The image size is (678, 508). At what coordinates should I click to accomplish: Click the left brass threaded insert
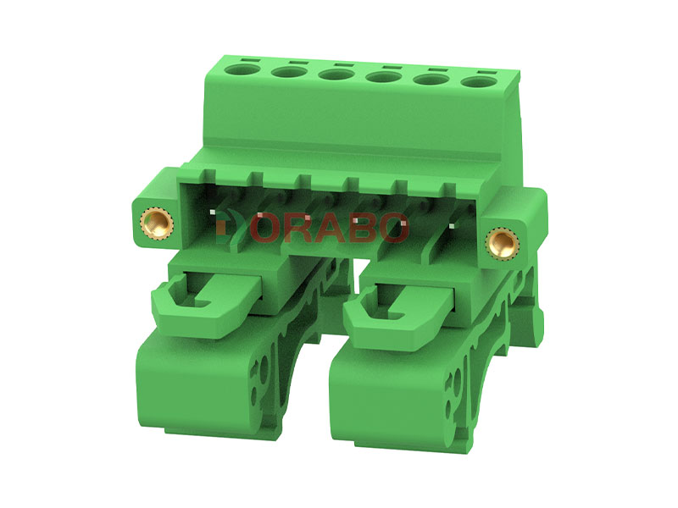pyautogui.click(x=157, y=223)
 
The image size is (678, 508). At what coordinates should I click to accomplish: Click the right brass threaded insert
pyautogui.click(x=502, y=242)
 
